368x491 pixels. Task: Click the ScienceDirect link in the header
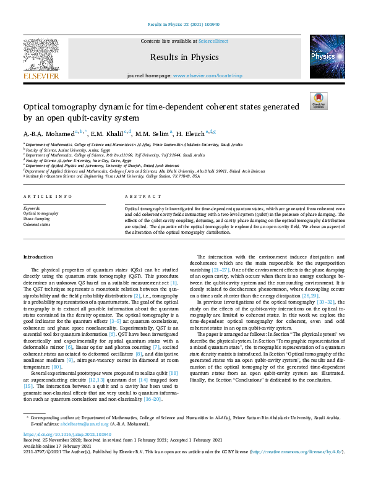pyautogui.click(x=213, y=40)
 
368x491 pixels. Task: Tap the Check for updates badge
pyautogui.click(x=318, y=101)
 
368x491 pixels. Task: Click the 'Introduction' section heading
pyautogui.click(x=38, y=256)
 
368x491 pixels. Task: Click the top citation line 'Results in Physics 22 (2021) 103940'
pyautogui.click(x=184, y=24)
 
